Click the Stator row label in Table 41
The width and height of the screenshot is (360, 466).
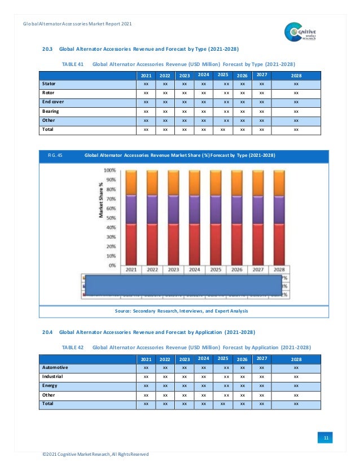click(49, 83)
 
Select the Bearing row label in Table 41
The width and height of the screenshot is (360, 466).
click(51, 111)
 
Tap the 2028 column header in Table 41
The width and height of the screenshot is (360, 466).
click(296, 75)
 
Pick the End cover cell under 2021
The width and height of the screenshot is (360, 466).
click(146, 102)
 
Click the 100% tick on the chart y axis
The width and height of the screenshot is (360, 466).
click(109, 170)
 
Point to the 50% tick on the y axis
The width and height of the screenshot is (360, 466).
click(110, 217)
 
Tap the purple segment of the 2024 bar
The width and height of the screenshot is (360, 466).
click(195, 209)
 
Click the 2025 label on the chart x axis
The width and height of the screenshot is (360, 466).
click(216, 270)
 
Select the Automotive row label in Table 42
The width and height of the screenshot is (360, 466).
click(55, 367)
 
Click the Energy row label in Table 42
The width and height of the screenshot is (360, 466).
click(50, 385)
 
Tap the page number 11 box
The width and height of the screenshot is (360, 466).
click(325, 438)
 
